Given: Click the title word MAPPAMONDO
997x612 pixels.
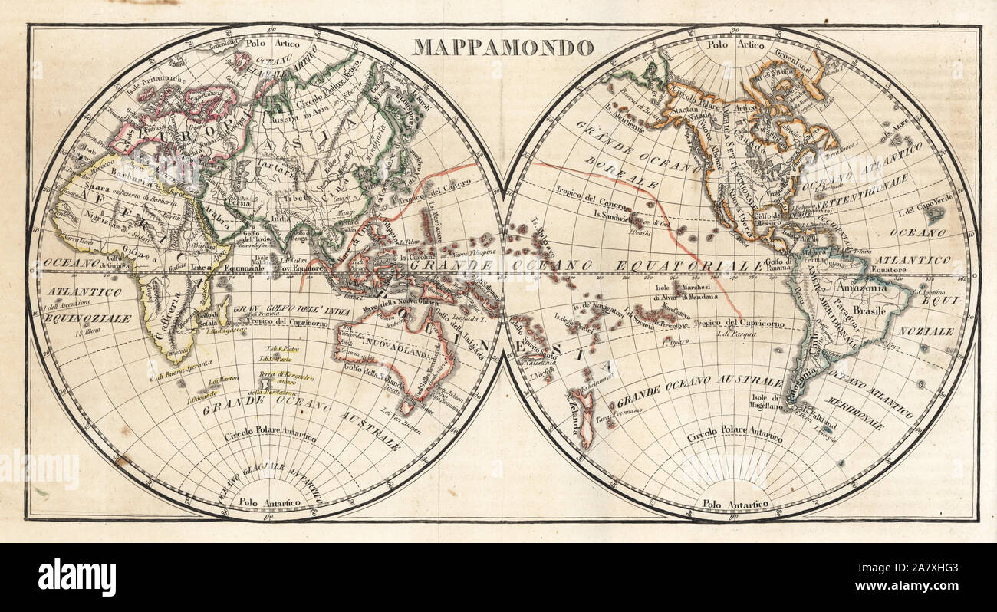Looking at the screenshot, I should click(503, 48).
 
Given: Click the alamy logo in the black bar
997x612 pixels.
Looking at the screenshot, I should click(77, 577).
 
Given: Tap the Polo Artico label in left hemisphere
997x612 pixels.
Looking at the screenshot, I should click(265, 44).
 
